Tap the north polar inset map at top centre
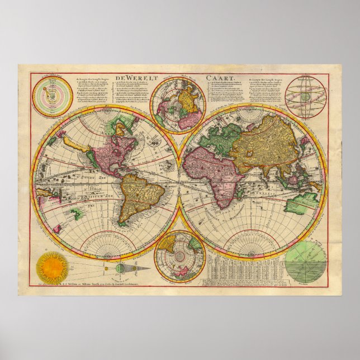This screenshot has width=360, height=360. tap(179, 105)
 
